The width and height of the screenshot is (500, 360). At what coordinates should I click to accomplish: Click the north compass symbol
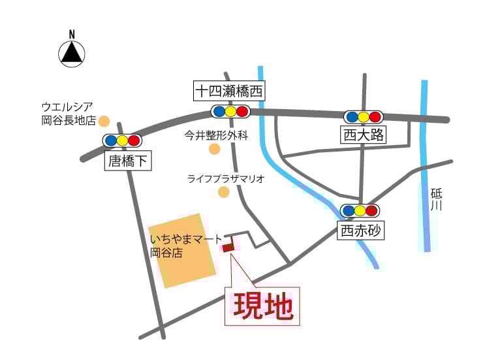pyautogui.click(x=72, y=53)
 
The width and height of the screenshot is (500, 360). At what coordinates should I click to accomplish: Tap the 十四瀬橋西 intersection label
pyautogui.click(x=228, y=91)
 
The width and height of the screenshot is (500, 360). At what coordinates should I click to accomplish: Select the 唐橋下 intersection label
pyautogui.click(x=128, y=161)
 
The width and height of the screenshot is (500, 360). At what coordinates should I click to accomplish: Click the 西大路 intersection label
pyautogui.click(x=363, y=135)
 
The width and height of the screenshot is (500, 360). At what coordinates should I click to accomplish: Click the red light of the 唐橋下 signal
pyautogui.click(x=134, y=140)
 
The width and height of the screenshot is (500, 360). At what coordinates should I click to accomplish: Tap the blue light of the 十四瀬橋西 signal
pyautogui.click(x=219, y=112)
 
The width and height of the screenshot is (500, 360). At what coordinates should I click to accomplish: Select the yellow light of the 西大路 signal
pyautogui.click(x=364, y=117)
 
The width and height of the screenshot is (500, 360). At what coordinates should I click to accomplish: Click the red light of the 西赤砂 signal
pyautogui.click(x=371, y=211)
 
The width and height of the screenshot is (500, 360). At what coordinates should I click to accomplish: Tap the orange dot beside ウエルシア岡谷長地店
pyautogui.click(x=104, y=121)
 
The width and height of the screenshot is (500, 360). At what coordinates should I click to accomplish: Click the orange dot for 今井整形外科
pyautogui.click(x=214, y=150)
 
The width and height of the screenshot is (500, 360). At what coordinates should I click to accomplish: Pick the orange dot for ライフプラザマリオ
pyautogui.click(x=224, y=192)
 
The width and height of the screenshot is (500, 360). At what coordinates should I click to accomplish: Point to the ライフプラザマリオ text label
pyautogui.click(x=225, y=178)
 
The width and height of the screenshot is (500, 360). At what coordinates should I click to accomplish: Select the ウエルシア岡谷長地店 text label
pyautogui.click(x=68, y=114)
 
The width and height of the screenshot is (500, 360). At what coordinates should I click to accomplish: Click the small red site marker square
pyautogui.click(x=228, y=248)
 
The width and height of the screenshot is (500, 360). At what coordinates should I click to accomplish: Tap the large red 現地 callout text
pyautogui.click(x=263, y=306)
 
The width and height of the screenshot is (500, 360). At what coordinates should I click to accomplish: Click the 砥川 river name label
pyautogui.click(x=437, y=199)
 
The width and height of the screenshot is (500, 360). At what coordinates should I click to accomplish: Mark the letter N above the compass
pyautogui.click(x=72, y=34)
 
